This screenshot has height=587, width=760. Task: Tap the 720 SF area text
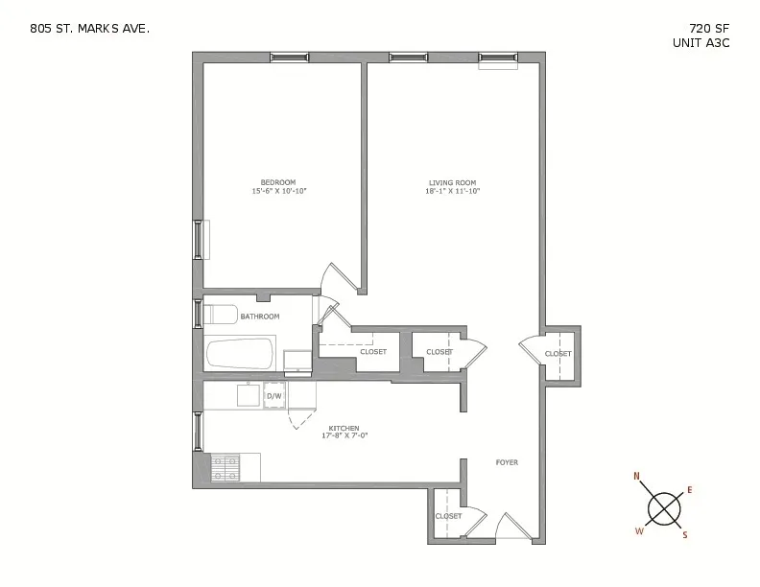click(x=709, y=28)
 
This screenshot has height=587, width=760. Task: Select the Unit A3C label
click(x=701, y=43)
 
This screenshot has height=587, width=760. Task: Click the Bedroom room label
click(x=278, y=182)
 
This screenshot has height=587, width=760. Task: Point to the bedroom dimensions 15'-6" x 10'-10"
click(x=278, y=191)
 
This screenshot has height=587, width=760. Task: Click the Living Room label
click(x=452, y=182)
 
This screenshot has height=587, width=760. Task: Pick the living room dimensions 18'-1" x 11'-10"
click(x=452, y=191)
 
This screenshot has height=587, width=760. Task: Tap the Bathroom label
click(x=259, y=317)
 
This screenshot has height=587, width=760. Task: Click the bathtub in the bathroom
click(x=240, y=353)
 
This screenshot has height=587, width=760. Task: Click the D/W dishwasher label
click(x=273, y=395)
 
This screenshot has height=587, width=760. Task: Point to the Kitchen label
click(x=344, y=428)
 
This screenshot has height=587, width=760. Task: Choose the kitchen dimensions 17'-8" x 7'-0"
click(x=344, y=436)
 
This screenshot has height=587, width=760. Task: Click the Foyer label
click(x=506, y=462)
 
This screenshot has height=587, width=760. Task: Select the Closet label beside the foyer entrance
click(x=448, y=516)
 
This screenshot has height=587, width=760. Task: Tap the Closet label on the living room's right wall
click(x=558, y=354)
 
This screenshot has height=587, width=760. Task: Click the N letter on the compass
click(x=636, y=476)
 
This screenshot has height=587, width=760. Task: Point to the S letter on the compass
click(x=684, y=535)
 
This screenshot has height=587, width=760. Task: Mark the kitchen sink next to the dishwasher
click(x=249, y=395)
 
